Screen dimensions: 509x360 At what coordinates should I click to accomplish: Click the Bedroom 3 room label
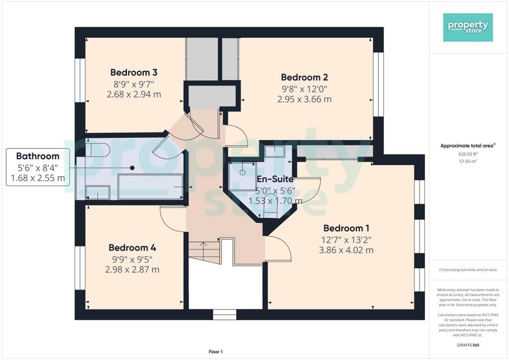click(x=134, y=72)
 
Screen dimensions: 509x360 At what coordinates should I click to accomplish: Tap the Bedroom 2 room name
click(x=304, y=77)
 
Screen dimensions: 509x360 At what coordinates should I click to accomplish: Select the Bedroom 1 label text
click(x=346, y=228)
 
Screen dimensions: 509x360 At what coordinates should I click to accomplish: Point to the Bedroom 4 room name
click(x=132, y=248)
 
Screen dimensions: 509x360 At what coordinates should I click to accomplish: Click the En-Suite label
click(x=275, y=179)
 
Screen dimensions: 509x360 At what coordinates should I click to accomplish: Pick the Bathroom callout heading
click(x=38, y=156)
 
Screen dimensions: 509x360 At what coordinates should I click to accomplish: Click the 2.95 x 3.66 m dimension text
click(x=304, y=99)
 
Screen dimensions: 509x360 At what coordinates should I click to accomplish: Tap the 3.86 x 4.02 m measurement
click(x=346, y=250)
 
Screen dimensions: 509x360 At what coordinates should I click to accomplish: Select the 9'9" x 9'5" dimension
click(x=132, y=260)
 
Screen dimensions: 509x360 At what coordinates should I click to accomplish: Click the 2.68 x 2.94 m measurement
click(x=134, y=94)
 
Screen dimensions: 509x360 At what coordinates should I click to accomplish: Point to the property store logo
click(x=468, y=27)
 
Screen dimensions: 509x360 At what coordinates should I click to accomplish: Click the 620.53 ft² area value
click(x=468, y=154)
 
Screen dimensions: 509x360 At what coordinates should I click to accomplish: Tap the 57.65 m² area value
click(x=468, y=161)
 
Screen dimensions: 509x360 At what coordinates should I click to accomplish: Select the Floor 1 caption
click(x=216, y=352)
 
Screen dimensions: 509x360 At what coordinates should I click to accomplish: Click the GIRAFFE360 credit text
click(x=468, y=345)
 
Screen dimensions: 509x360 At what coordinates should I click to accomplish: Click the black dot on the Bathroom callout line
click(x=132, y=168)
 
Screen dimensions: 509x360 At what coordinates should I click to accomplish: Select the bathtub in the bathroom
click(x=151, y=186)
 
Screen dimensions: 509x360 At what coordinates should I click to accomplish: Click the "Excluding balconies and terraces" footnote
click(x=468, y=270)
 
